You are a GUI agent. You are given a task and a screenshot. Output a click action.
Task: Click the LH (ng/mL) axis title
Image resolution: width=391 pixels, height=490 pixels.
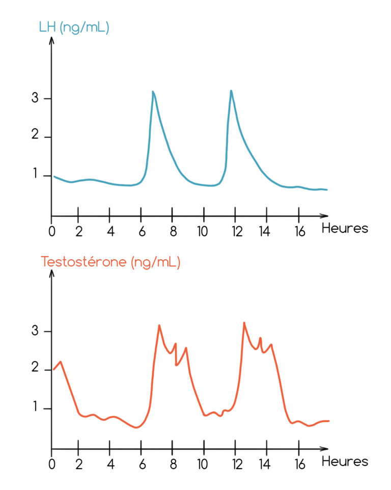[74, 28]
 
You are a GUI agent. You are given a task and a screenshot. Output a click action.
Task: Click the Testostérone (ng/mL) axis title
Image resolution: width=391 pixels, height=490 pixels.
[110, 262]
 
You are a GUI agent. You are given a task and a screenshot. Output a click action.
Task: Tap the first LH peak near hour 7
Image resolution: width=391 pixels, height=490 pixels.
[153, 92]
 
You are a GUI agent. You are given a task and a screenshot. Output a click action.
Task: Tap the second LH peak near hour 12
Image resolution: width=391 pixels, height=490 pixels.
[231, 91]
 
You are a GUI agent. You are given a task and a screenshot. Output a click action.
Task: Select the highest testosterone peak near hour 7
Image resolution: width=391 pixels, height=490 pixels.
[159, 325]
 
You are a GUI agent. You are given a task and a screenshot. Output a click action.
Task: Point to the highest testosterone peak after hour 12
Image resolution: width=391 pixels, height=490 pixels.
[244, 323]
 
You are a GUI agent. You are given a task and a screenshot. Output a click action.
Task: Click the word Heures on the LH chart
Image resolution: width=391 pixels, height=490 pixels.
[345, 228]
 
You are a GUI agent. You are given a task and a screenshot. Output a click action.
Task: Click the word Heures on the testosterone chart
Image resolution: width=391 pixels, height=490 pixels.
[345, 461]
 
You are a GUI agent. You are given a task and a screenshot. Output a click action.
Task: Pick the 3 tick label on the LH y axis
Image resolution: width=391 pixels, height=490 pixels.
[35, 98]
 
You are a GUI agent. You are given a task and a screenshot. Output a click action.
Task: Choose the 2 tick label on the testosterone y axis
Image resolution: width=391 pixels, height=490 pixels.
[35, 369]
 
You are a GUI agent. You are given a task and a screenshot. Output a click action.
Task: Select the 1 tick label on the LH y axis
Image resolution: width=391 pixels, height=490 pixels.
[35, 175]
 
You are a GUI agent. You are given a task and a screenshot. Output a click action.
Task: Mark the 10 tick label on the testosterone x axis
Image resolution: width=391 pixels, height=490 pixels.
[203, 465]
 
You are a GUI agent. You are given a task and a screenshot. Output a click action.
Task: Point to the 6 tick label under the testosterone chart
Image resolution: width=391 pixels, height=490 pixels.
[141, 465]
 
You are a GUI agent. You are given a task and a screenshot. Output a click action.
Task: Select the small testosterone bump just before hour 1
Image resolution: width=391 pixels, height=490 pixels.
[61, 362]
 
